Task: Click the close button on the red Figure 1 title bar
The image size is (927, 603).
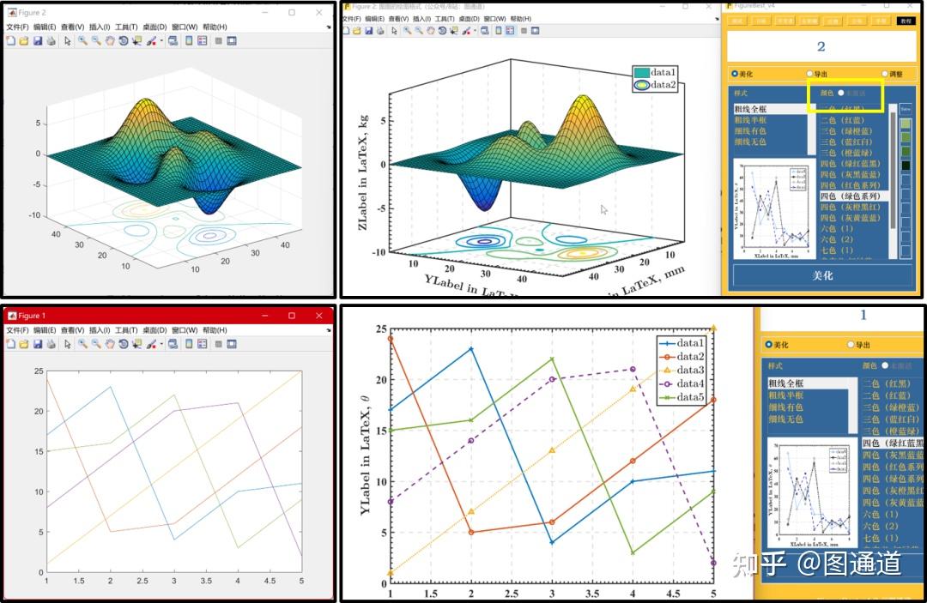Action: (x=319, y=316)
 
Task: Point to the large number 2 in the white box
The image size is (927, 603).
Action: (x=821, y=47)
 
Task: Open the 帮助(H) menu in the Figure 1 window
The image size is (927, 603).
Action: (x=215, y=329)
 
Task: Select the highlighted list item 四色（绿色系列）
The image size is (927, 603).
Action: (x=852, y=196)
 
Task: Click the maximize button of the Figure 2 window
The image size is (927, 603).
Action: (x=292, y=13)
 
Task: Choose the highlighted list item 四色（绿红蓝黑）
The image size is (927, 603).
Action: (x=893, y=443)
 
